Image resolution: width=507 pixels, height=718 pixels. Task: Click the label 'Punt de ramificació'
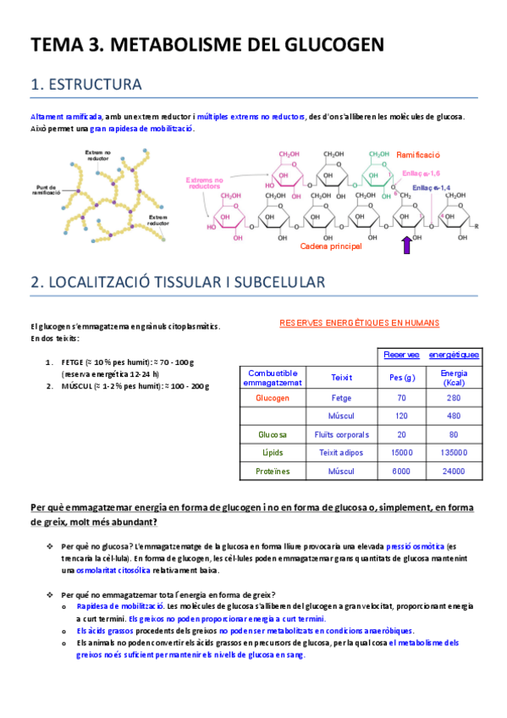[40, 190]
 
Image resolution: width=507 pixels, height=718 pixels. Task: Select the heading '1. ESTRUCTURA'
[85, 85]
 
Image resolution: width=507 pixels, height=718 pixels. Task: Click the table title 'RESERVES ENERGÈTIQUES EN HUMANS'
[359, 323]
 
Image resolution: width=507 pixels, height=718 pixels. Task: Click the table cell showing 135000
[453, 453]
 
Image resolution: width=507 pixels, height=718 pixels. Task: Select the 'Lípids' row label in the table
[273, 453]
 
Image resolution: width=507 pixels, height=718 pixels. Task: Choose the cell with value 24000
[453, 472]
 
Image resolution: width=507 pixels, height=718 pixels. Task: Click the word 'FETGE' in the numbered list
[74, 362]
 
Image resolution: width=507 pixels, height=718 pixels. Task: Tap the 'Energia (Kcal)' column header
[453, 378]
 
